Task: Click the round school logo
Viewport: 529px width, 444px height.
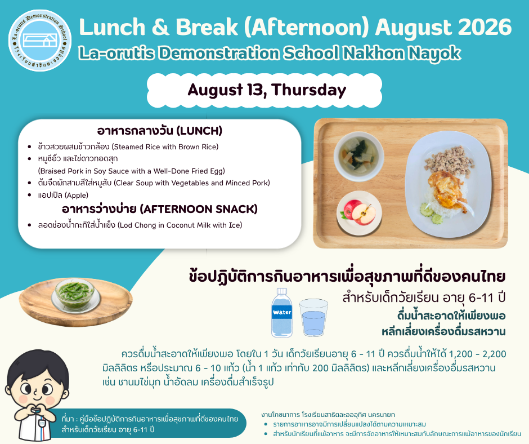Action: tap(40, 40)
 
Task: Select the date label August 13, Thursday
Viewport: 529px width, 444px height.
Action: tap(267, 90)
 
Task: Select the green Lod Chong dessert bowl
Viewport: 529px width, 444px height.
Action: tap(75, 294)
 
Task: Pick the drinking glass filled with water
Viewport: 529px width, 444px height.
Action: tap(313, 318)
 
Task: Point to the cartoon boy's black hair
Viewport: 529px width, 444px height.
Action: tap(35, 367)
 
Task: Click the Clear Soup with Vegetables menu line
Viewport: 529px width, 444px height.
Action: tap(154, 183)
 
